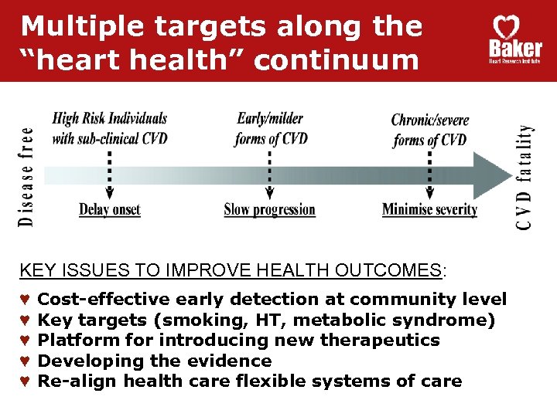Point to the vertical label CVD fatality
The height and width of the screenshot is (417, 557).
(525, 177)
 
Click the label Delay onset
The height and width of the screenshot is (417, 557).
(110, 209)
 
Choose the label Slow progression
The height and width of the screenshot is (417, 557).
(269, 209)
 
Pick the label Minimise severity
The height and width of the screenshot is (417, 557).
(429, 209)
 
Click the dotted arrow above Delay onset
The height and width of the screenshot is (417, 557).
(110, 175)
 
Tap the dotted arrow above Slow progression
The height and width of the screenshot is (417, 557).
(269, 175)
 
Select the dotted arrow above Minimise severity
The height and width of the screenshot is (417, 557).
(430, 175)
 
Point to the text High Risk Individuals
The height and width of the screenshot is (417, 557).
(110, 119)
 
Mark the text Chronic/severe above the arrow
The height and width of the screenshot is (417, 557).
(430, 120)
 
